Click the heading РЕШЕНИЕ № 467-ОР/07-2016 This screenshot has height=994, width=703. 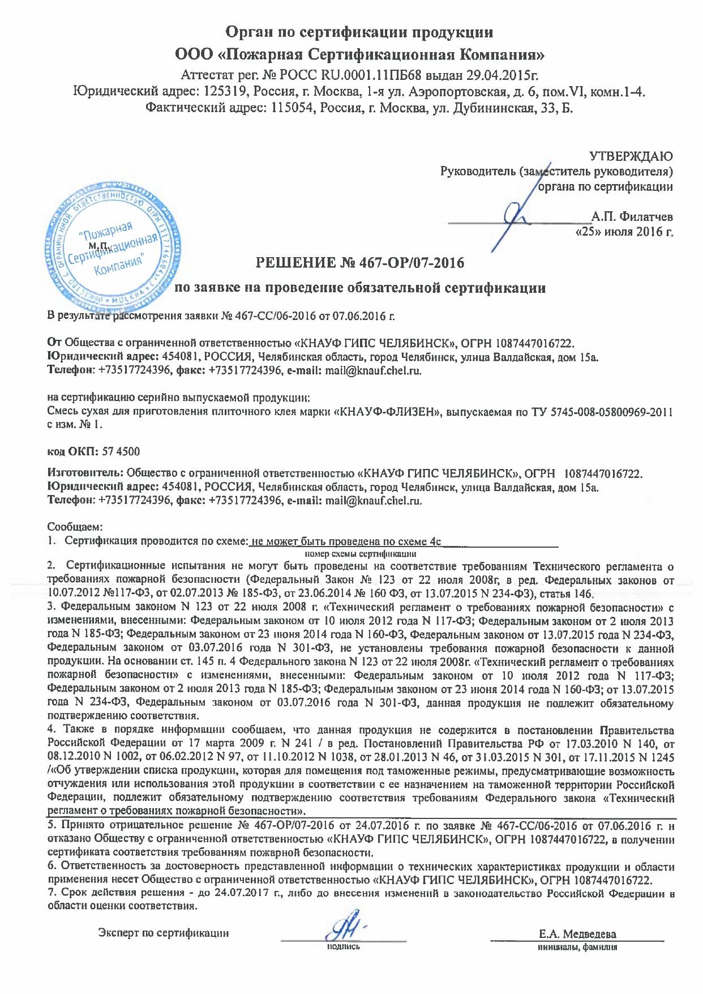[361, 263]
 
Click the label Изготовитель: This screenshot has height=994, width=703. [85, 473]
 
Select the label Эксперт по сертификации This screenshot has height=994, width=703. [164, 933]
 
